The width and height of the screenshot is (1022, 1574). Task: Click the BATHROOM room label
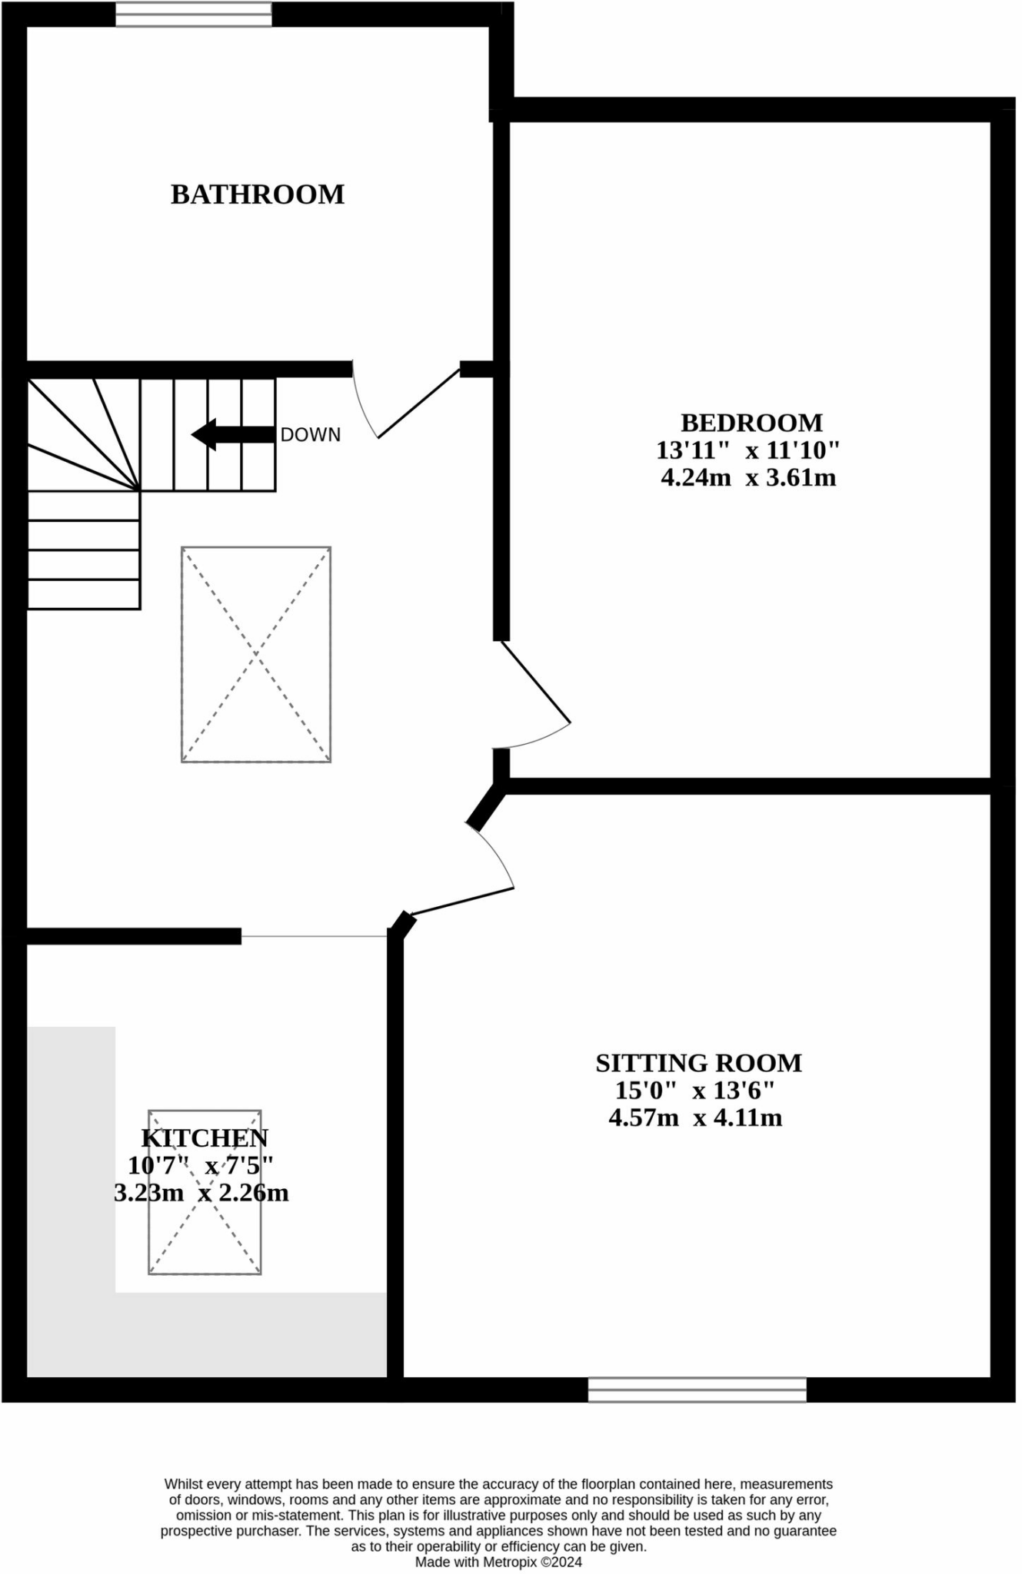pos(258,194)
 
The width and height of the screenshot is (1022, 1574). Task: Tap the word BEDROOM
pos(751,423)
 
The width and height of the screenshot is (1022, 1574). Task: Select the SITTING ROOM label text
pos(698,1063)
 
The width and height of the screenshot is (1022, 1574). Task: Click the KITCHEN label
pos(205,1138)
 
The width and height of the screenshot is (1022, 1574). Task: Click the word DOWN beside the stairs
pos(310,435)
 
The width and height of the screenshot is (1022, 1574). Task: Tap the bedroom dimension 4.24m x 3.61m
pos(748,478)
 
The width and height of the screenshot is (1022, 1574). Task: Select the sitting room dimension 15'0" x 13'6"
pos(694,1091)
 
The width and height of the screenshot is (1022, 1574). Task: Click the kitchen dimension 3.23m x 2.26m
pos(201,1194)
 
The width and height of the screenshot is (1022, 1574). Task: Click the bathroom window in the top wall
pos(194,14)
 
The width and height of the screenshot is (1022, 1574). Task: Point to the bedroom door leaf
pos(536,682)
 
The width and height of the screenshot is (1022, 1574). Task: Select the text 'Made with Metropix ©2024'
pos(498,1562)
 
